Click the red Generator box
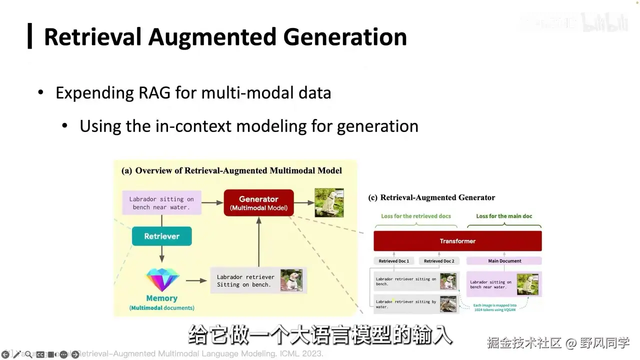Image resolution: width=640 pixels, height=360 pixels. pyautogui.click(x=258, y=202)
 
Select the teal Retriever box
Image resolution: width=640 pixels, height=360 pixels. pyautogui.click(x=161, y=236)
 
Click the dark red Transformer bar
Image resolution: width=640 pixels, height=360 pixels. pyautogui.click(x=457, y=241)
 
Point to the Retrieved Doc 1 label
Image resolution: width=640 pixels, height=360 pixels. pyautogui.click(x=394, y=261)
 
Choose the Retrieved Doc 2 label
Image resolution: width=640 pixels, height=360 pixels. pyautogui.click(x=439, y=261)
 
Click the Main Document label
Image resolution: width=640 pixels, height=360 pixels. pyautogui.click(x=504, y=261)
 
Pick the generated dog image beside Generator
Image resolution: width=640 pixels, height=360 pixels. pyautogui.click(x=329, y=202)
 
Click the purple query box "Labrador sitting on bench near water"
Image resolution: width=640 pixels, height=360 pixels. pyautogui.click(x=161, y=203)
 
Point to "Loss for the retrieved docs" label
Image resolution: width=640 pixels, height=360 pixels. pyautogui.click(x=416, y=216)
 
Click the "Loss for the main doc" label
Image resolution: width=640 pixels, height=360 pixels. pyautogui.click(x=504, y=216)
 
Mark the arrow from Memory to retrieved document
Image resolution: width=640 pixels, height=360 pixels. pyautogui.click(x=196, y=280)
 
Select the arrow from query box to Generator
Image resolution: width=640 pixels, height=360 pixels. pyautogui.click(x=212, y=202)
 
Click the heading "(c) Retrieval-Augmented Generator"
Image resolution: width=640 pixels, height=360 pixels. pyautogui.click(x=431, y=197)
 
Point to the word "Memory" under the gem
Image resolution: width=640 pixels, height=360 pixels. pyautogui.click(x=161, y=298)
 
